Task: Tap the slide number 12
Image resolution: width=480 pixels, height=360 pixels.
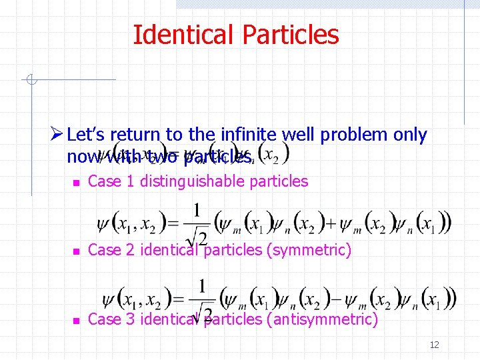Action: pyautogui.click(x=435, y=345)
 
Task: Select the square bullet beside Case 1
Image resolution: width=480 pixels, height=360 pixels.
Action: pyautogui.click(x=76, y=182)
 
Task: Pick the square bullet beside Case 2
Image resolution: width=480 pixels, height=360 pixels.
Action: pyautogui.click(x=76, y=251)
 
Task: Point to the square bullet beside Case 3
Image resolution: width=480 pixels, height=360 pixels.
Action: pyautogui.click(x=76, y=320)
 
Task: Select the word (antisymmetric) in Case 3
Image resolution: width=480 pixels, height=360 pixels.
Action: pyautogui.click(x=322, y=319)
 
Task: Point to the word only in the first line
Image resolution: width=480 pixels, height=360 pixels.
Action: pyautogui.click(x=411, y=135)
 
